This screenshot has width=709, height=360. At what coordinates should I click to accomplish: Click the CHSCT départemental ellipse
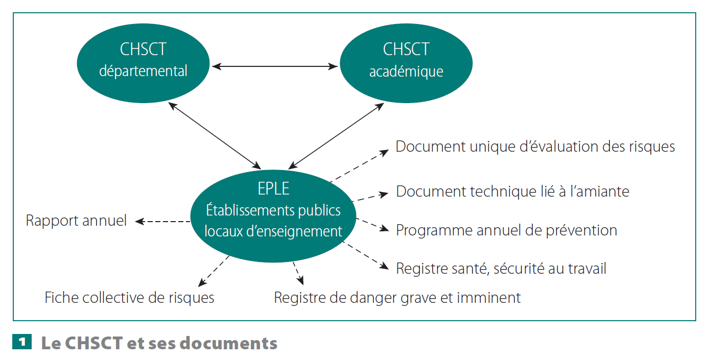(x=143, y=63)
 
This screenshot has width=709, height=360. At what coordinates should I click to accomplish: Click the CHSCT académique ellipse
(x=406, y=63)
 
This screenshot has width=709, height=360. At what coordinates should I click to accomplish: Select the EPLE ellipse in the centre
(x=273, y=216)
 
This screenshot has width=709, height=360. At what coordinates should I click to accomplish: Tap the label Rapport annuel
(x=76, y=221)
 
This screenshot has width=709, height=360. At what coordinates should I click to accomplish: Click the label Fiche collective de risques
(x=129, y=298)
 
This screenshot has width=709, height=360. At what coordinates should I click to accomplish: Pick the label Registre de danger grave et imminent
(x=397, y=298)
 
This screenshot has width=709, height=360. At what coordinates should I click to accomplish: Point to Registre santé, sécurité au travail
(x=501, y=269)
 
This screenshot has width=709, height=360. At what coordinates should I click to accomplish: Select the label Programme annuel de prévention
(x=506, y=230)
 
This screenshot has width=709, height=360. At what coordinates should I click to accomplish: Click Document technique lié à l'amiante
(x=513, y=191)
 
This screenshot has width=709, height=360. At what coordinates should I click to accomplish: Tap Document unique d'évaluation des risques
(x=535, y=147)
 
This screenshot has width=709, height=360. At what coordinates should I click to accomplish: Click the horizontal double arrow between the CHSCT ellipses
(x=275, y=66)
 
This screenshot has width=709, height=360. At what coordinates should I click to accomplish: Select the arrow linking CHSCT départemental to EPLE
(x=215, y=136)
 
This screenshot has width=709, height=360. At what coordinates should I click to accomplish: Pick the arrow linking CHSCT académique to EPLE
(x=336, y=136)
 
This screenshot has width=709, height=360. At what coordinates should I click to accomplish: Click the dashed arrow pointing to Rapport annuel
(x=162, y=222)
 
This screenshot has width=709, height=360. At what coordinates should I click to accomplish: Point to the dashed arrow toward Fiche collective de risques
(x=214, y=271)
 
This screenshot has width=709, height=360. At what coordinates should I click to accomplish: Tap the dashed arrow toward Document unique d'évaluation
(x=359, y=165)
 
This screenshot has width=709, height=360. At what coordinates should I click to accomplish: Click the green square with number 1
(x=22, y=342)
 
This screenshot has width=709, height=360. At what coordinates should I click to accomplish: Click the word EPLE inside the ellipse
(x=273, y=189)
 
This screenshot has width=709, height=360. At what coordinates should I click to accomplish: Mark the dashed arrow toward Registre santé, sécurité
(x=366, y=256)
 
